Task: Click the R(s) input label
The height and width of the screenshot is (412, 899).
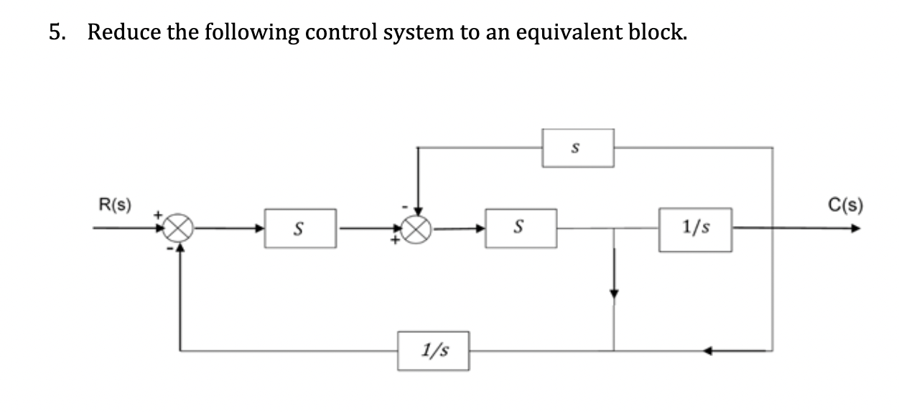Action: click(x=114, y=203)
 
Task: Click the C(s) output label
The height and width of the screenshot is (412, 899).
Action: click(x=848, y=203)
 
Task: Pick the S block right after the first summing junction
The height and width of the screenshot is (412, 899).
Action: click(x=300, y=229)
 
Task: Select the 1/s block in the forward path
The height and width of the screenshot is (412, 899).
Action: click(x=695, y=230)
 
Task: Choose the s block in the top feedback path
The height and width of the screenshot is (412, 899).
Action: click(x=577, y=149)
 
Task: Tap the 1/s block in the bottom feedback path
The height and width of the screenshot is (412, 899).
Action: click(x=434, y=351)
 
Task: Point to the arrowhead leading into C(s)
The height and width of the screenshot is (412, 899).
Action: click(x=854, y=230)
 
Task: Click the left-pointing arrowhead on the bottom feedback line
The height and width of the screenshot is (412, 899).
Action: click(x=708, y=351)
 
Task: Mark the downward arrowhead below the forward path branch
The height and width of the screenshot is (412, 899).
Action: click(x=613, y=294)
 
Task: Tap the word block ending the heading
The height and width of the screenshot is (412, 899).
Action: click(x=652, y=32)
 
